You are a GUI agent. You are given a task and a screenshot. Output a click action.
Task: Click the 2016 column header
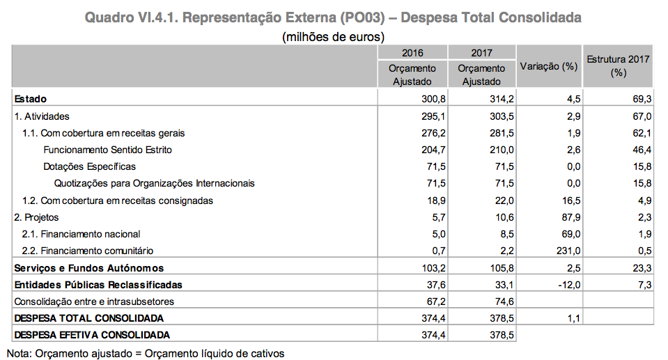click(x=412, y=53)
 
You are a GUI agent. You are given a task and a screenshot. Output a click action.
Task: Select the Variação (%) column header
click(x=550, y=67)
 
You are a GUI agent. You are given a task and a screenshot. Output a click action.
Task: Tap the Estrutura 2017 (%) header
click(x=618, y=65)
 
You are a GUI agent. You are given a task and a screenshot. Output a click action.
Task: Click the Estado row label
click(x=31, y=100)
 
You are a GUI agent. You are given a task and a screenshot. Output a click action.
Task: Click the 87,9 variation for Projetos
click(x=569, y=217)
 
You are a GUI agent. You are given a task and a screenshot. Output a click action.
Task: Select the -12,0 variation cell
click(x=566, y=285)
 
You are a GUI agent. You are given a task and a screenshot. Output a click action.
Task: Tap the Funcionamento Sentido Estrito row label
click(x=107, y=150)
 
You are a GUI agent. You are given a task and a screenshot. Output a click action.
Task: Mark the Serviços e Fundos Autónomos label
click(x=88, y=268)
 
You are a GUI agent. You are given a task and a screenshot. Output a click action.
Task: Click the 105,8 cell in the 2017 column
click(x=501, y=268)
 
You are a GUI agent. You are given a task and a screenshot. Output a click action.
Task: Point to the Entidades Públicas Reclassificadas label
click(x=98, y=285)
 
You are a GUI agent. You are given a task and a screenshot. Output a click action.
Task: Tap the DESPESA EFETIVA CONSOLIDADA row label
click(x=92, y=335)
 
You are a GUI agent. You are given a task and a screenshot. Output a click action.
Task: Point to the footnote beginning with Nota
click(x=146, y=352)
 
